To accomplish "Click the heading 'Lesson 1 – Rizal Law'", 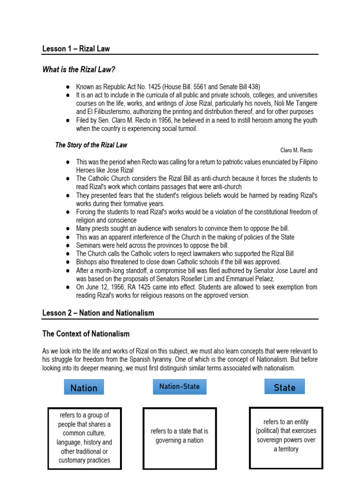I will [76, 49].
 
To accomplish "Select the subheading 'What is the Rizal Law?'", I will [79, 70].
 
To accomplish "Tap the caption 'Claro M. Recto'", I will [296, 150].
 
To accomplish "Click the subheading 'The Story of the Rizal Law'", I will [91, 145].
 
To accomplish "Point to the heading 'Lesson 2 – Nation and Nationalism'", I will [98, 313].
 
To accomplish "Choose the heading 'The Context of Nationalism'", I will [86, 334].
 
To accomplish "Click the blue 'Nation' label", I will [84, 388].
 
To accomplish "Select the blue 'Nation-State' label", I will [180, 387].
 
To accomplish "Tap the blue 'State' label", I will [285, 387].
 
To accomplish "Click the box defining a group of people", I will [84, 438].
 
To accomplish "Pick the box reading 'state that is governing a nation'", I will [180, 435].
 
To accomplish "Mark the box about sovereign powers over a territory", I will [285, 435].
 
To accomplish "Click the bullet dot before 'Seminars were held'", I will [68, 246].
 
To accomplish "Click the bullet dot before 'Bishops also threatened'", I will [68, 262].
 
